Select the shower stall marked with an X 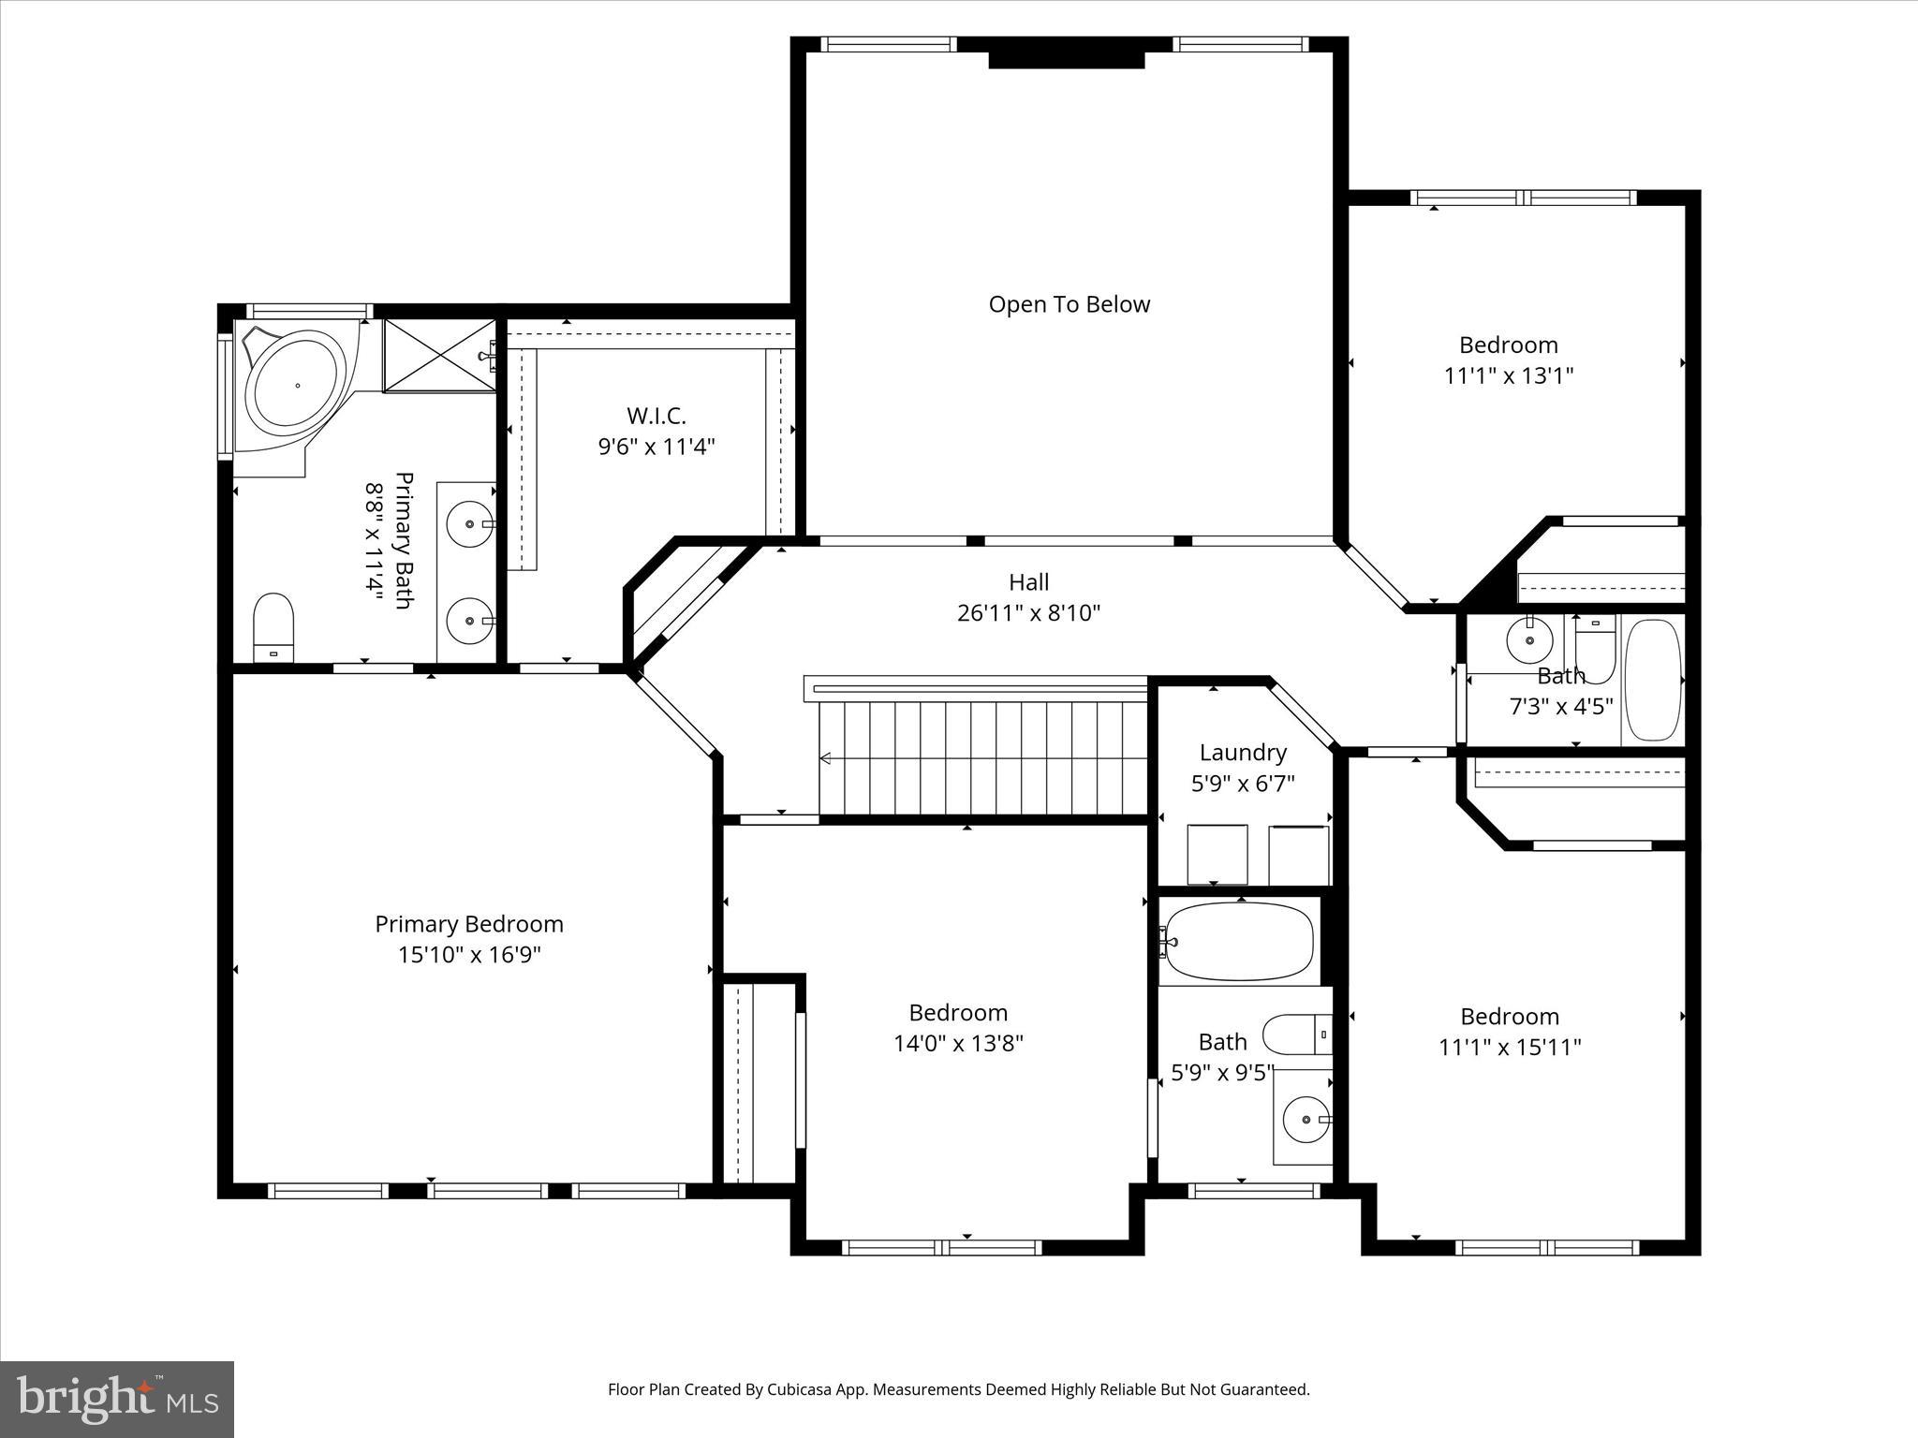point(439,356)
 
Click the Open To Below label point(1069,304)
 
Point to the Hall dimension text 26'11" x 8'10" point(1028,613)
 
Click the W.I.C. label point(656,416)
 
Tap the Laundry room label point(1243,753)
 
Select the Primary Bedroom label point(469,924)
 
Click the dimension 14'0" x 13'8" point(958,1043)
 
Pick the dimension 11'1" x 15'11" point(1509,1047)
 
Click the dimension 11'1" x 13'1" point(1508,375)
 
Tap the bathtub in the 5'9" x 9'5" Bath point(1239,941)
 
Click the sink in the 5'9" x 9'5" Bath point(1305,1118)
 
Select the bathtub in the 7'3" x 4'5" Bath point(1653,680)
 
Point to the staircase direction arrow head point(825,758)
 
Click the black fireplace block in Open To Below point(1067,60)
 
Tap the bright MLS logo point(117,1399)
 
